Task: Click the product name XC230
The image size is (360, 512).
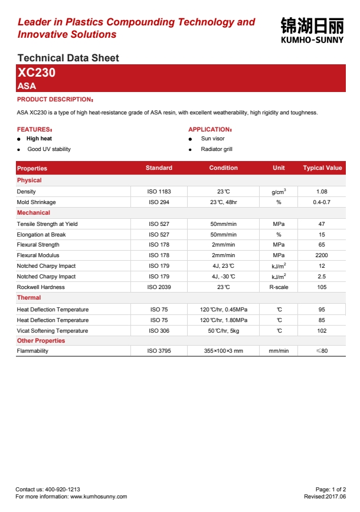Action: (x=37, y=73)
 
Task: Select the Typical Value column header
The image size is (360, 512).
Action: (x=322, y=168)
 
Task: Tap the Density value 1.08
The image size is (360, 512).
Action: (x=322, y=192)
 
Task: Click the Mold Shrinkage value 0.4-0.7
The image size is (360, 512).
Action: (x=322, y=202)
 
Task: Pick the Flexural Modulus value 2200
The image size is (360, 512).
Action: (x=322, y=255)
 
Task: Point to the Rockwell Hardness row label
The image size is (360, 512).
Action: (x=41, y=287)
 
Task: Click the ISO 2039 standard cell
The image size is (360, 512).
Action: (x=159, y=287)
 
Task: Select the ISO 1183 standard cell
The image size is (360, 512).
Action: (x=159, y=192)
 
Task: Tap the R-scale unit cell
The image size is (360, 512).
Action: (x=279, y=287)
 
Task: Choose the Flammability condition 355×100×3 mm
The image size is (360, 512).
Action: (x=223, y=351)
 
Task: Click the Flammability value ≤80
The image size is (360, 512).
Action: (x=322, y=351)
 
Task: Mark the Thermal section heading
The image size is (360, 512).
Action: (x=29, y=298)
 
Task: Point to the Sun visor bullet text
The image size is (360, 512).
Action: (x=212, y=139)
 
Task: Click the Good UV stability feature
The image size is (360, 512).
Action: (x=49, y=149)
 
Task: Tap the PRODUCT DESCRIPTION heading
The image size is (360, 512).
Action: (x=54, y=99)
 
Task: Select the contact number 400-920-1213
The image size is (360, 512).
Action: (x=61, y=490)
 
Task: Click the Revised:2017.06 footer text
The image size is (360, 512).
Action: (x=325, y=497)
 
